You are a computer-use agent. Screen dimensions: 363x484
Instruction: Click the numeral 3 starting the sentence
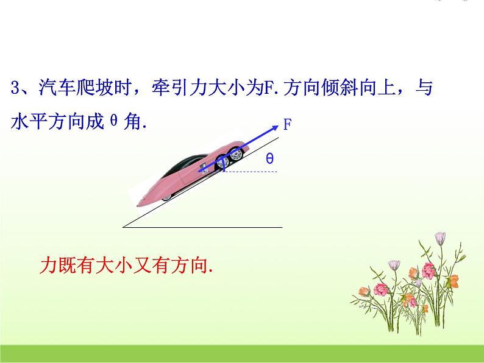[16, 88]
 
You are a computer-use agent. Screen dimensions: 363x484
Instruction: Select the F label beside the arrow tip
[286, 124]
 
